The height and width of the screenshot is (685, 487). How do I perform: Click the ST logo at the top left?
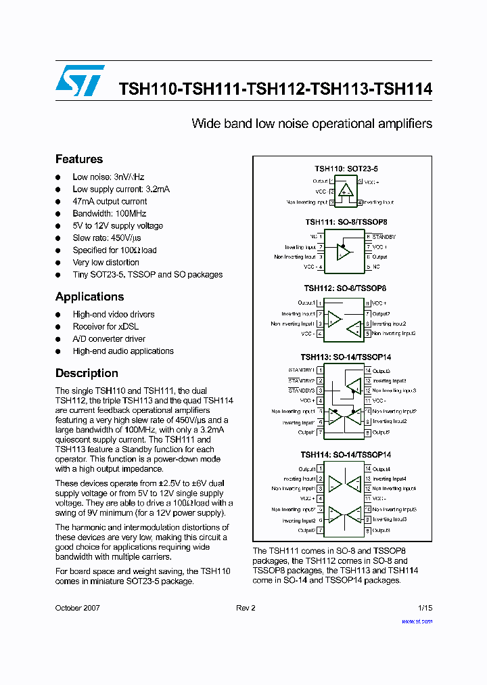pyautogui.click(x=80, y=81)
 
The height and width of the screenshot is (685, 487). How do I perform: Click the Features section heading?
pyautogui.click(x=79, y=159)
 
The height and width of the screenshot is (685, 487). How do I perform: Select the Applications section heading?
pyautogui.click(x=89, y=296)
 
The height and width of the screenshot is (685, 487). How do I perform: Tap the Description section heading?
pyautogui.click(x=87, y=373)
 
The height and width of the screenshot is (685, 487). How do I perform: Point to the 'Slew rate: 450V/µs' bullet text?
pyautogui.click(x=107, y=238)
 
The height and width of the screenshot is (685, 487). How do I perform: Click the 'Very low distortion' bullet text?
pyautogui.click(x=106, y=262)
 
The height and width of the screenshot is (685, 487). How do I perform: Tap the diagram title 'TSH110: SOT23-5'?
pyautogui.click(x=346, y=169)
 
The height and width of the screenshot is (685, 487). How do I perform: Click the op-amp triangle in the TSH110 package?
pyautogui.click(x=346, y=190)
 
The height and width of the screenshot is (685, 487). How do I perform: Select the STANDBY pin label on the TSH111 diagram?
pyautogui.click(x=384, y=237)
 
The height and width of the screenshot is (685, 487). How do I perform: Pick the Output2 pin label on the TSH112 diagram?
pyautogui.click(x=381, y=313)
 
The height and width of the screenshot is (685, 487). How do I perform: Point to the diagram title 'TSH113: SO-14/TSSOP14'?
pyautogui.click(x=346, y=357)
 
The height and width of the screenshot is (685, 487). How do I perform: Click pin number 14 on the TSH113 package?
pyautogui.click(x=367, y=371)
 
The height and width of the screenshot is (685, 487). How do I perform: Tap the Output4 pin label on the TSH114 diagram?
pyautogui.click(x=381, y=469)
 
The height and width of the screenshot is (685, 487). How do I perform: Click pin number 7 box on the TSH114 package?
pyautogui.click(x=319, y=531)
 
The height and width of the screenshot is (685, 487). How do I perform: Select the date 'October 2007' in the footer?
pyautogui.click(x=78, y=608)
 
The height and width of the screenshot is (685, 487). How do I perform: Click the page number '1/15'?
pyautogui.click(x=425, y=608)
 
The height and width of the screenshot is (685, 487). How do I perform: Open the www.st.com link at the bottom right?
pyautogui.click(x=417, y=621)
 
